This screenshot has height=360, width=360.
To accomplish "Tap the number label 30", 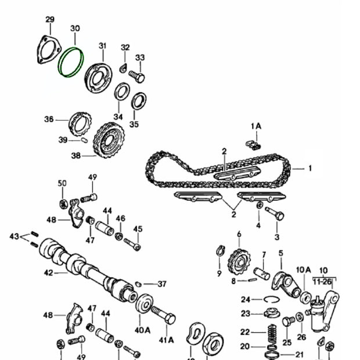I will coord(75,28).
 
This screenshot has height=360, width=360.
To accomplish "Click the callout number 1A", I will coord(256,126).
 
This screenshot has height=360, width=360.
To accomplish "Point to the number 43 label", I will coord(15,236).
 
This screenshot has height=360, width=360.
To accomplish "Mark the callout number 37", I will coord(162,284).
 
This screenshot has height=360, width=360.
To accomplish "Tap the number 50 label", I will coord(62,183).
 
